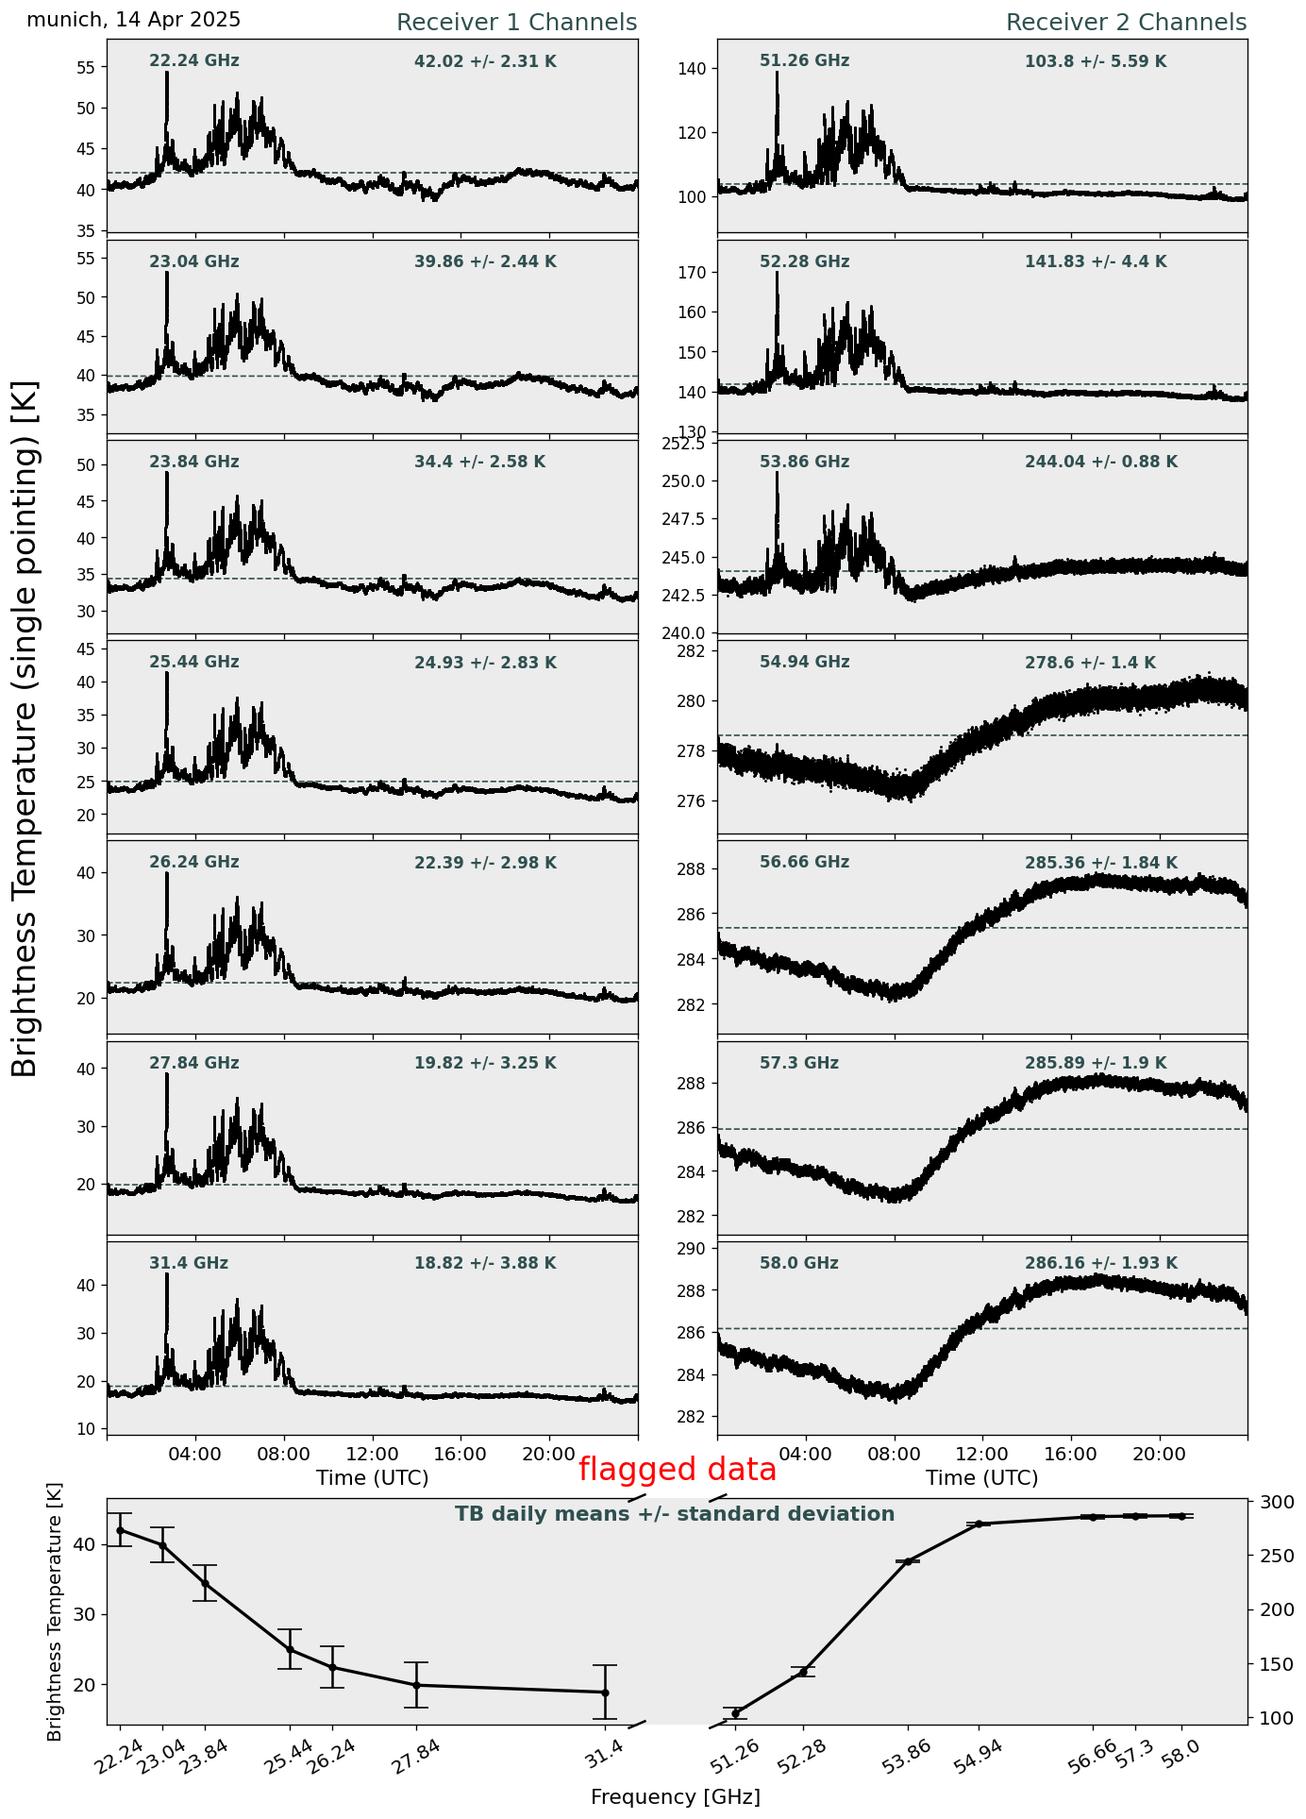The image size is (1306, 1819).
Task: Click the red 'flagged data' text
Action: pos(677,1470)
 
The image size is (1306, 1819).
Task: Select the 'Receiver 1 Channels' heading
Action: pos(516,23)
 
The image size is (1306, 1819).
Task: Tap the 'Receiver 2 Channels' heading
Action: pos(1126,23)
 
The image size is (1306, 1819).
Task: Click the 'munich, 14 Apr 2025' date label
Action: pos(133,20)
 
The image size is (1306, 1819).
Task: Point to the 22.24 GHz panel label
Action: pos(194,61)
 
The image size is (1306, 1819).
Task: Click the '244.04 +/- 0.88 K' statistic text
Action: pos(1100,463)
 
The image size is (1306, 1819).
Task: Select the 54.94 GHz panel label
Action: pos(804,663)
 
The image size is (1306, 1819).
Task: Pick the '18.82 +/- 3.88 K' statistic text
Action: pos(485,1263)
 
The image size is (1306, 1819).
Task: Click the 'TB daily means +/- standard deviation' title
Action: pos(675,1514)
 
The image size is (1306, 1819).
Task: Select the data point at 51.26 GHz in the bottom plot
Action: pos(736,1713)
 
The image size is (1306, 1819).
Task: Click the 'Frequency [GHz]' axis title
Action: pos(675,1796)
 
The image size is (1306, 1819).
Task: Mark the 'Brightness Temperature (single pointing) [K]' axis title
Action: pos(25,729)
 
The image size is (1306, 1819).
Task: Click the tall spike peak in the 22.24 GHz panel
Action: pos(167,73)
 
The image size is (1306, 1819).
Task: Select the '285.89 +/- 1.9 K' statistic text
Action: pos(1095,1063)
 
